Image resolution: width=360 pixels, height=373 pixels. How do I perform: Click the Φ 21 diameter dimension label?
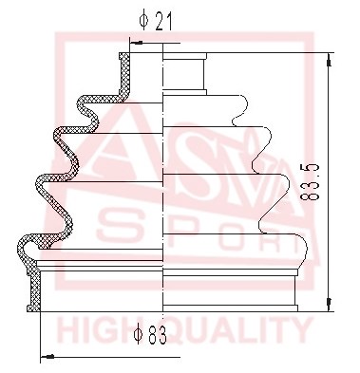(156, 21)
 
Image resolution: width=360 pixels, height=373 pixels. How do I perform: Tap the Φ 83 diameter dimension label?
(150, 335)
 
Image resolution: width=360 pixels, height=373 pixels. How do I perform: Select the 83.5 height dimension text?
(309, 182)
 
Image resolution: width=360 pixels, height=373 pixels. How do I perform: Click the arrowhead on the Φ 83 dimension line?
(47, 357)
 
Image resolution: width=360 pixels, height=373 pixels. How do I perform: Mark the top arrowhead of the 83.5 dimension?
(330, 60)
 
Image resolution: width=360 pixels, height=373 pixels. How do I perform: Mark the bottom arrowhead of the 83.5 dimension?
(330, 305)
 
